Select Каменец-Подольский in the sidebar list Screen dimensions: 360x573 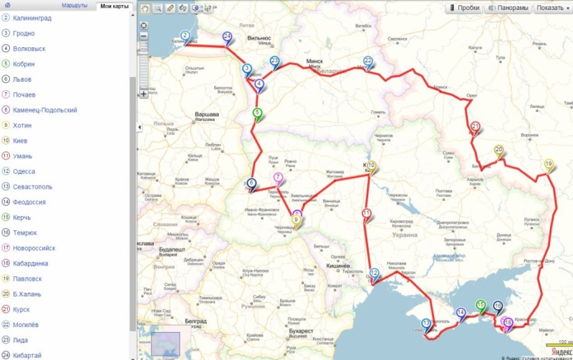coord(44,110)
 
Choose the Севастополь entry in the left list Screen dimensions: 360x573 coord(32,187)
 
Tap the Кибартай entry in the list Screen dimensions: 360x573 coord(27,356)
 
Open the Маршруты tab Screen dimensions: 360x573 coord(74,6)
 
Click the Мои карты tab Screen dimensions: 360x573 coord(114,6)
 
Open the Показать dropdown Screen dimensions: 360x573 coord(552,8)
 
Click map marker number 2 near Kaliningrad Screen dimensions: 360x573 coord(185,36)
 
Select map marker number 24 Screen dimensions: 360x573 coord(227,37)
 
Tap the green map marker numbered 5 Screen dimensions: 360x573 coord(256,113)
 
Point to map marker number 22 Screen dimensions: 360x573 coord(367,62)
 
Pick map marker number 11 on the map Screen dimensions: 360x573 coord(366,214)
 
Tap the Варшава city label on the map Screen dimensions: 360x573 coord(206,114)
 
